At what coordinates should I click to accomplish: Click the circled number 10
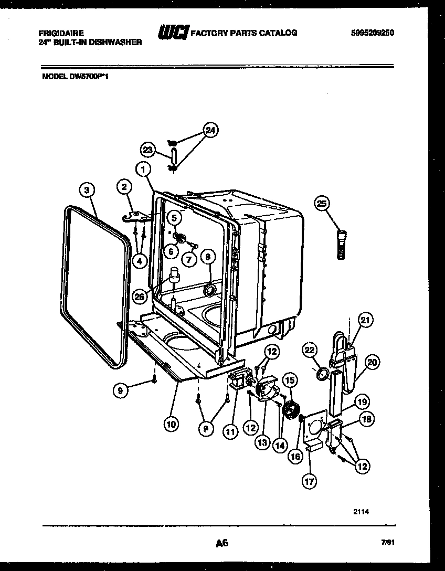pos(170,424)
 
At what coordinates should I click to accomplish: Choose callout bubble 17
pos(310,480)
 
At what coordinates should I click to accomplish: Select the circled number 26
pos(140,297)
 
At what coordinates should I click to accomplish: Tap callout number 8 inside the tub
pos(208,257)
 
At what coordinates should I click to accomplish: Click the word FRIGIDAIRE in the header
pos(61,33)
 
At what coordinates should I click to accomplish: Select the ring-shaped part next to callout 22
pos(323,374)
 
